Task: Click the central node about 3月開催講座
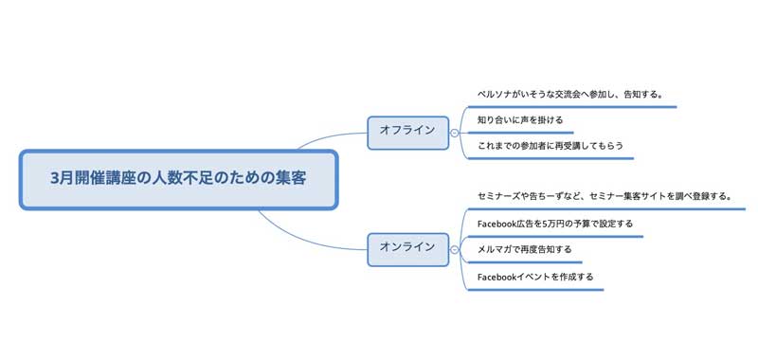pyautogui.click(x=178, y=179)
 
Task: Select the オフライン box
pyautogui.click(x=407, y=131)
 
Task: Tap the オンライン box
pyautogui.click(x=407, y=248)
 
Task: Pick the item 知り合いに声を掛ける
pyautogui.click(x=520, y=120)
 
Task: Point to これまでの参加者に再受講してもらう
pyautogui.click(x=550, y=146)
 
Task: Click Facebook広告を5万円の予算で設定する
pyautogui.click(x=555, y=224)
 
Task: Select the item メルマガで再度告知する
pyautogui.click(x=525, y=250)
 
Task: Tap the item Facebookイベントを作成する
pyautogui.click(x=536, y=277)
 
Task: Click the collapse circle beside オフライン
pyautogui.click(x=456, y=132)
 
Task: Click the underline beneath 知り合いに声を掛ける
pyautogui.click(x=521, y=132)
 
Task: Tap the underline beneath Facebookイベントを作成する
pyautogui.click(x=536, y=288)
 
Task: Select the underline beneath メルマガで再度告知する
pyautogui.click(x=527, y=262)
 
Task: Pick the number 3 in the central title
pyautogui.click(x=56, y=178)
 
